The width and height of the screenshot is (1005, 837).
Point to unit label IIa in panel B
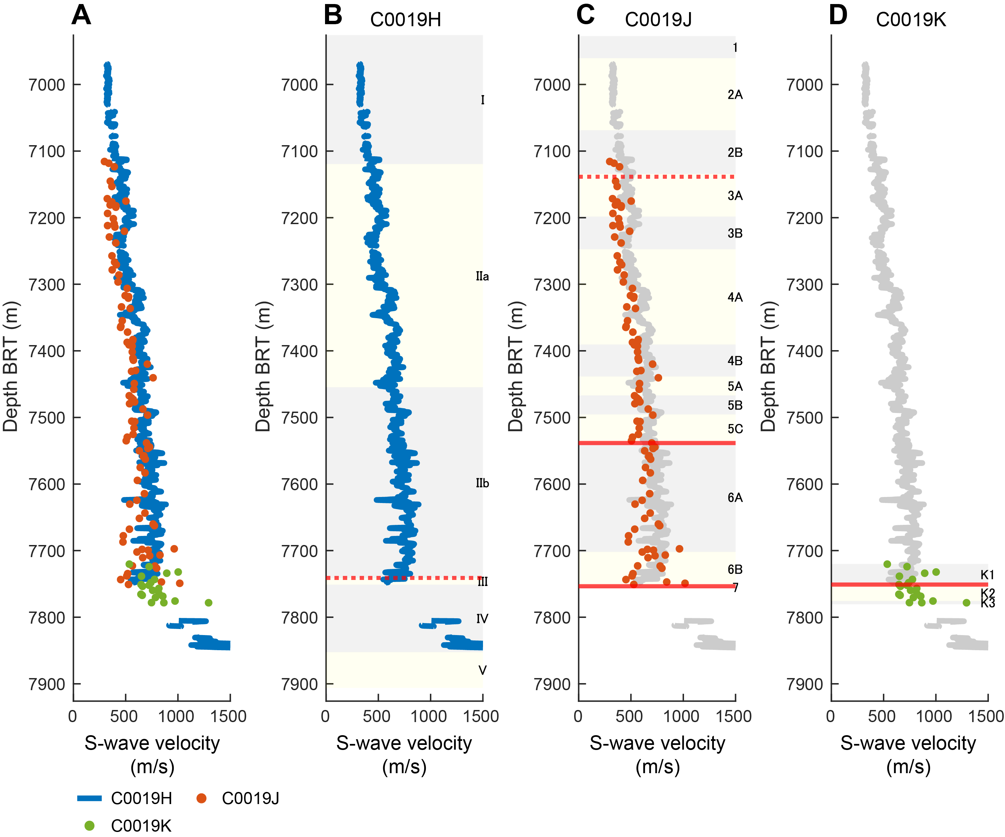482,277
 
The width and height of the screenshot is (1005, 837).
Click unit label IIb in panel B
482,484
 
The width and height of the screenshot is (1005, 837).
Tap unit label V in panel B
482,670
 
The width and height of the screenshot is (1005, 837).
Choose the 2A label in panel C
735,95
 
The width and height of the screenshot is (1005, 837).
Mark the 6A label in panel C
735,498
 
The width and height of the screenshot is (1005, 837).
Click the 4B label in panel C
735,361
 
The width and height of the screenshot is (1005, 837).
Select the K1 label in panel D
987,575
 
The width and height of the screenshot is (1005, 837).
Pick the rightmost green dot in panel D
966,603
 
